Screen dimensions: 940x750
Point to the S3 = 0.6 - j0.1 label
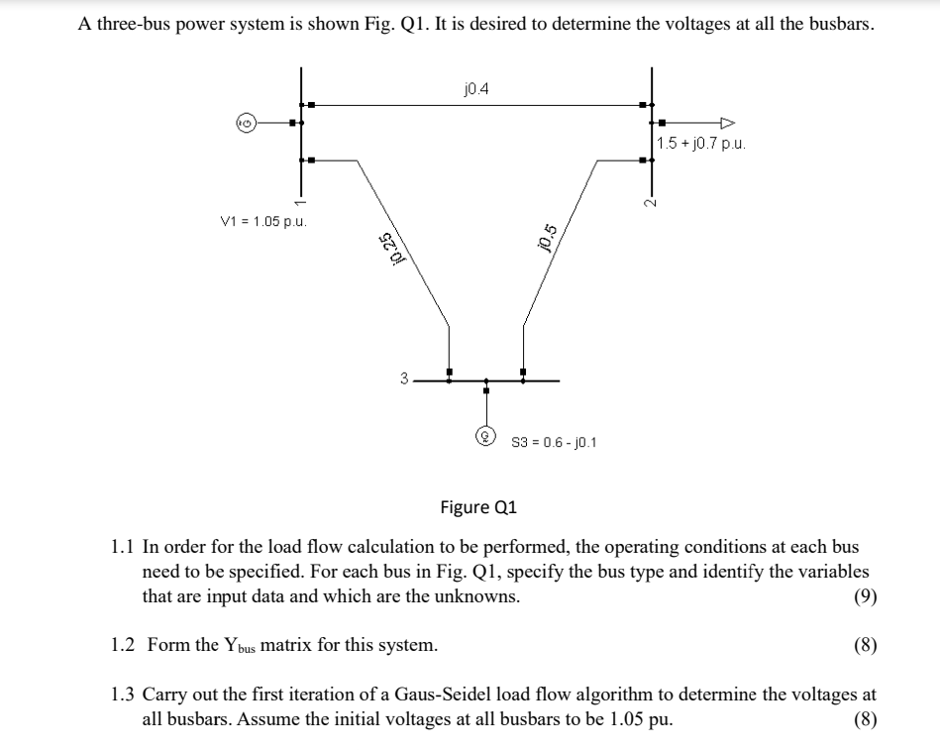tap(553, 441)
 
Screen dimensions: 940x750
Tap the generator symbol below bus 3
tap(485, 434)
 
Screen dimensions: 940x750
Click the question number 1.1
tap(123, 546)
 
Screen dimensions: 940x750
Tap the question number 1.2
tap(123, 645)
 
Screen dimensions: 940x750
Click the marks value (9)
tap(864, 596)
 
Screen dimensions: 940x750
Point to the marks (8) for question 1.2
tap(864, 646)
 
